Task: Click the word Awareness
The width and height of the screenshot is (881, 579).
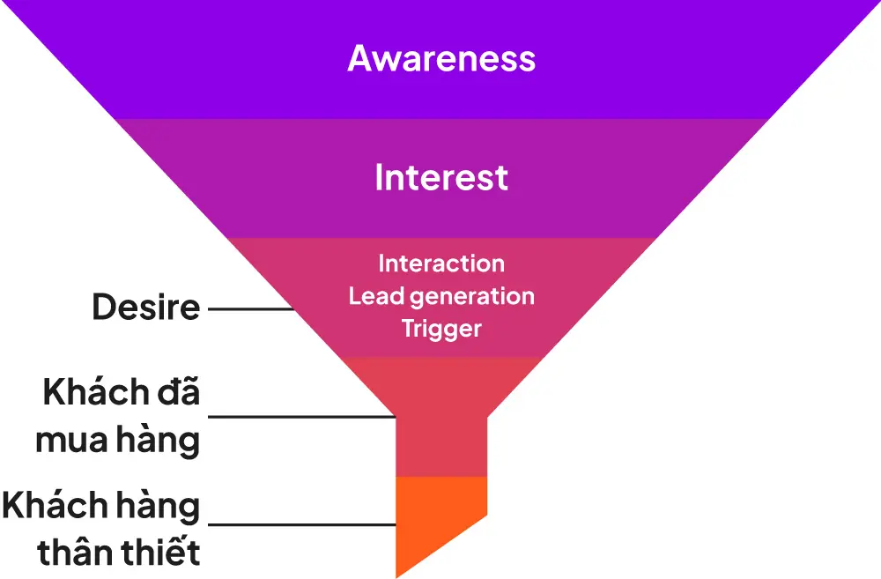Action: click(441, 58)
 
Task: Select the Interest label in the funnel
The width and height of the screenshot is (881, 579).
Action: click(441, 178)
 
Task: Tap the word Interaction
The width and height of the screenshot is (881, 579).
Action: click(441, 264)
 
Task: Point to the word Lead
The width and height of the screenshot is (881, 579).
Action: click(371, 296)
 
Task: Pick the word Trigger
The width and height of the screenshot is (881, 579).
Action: click(441, 330)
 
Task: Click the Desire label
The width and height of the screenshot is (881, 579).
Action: click(146, 308)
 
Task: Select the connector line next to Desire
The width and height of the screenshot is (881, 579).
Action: click(250, 308)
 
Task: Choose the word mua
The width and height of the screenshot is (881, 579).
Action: click(71, 440)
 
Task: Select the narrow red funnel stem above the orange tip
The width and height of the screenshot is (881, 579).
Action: click(441, 445)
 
